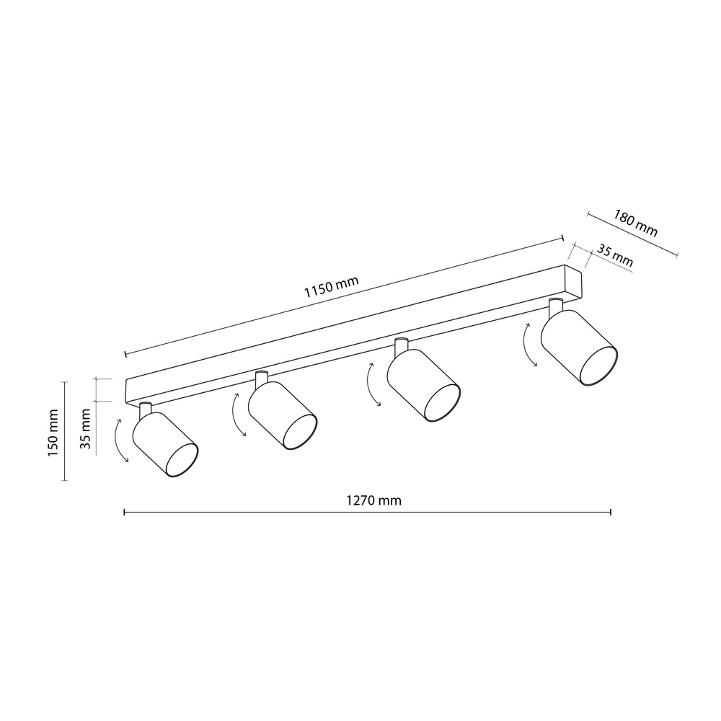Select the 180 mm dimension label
point(635,223)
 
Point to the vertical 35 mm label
point(86,429)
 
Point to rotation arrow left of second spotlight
point(237,415)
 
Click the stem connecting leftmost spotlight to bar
point(145,409)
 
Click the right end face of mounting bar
point(573,284)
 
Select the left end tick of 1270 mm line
point(125,512)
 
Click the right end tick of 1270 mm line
point(611,512)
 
